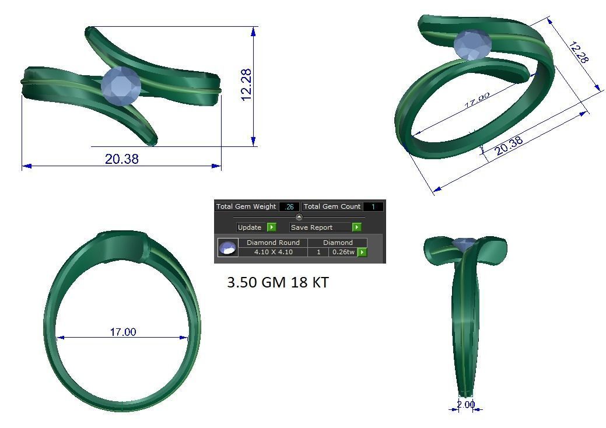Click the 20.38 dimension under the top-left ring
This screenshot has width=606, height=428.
coord(122,159)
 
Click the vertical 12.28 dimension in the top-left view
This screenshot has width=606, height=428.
coord(246,85)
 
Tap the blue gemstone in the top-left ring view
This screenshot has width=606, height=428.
coord(121,86)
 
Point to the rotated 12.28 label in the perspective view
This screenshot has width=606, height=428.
coord(578,52)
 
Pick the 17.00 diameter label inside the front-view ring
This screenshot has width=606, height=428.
coord(123,332)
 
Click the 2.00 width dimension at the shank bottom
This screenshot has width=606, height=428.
coord(465,404)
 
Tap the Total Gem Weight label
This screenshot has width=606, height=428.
coord(246,206)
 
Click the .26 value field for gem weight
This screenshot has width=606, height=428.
coord(289,206)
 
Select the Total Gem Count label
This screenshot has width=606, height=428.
coord(332,206)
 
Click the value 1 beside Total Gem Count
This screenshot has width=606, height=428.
coord(373,206)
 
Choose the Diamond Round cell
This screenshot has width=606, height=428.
coord(273,243)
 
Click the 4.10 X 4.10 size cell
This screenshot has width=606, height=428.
coord(273,252)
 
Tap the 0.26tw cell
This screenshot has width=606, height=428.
coord(343,252)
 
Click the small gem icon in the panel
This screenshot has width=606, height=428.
coord(227,248)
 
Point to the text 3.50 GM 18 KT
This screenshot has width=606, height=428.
coord(278,283)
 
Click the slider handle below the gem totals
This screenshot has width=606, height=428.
coord(299,217)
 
